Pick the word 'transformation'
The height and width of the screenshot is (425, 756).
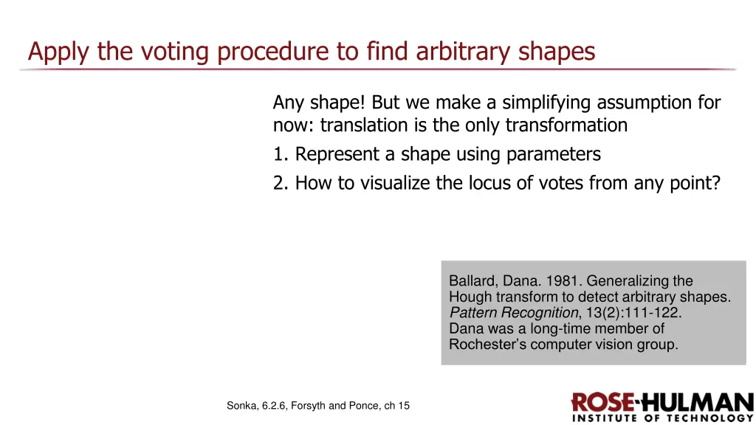tap(566, 125)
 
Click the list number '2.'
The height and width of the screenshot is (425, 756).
tap(281, 183)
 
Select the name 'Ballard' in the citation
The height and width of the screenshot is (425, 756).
tap(470, 281)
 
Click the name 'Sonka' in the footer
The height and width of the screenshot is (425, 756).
tap(242, 406)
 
